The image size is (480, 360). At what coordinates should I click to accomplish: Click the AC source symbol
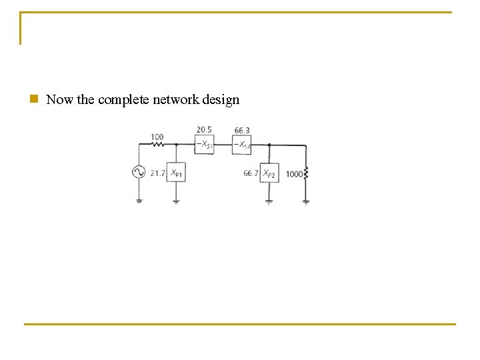point(139,172)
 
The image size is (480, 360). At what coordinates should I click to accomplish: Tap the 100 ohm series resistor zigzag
point(158,144)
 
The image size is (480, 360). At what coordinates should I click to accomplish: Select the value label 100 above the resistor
point(157,137)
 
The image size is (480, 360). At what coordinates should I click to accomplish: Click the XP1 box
point(176,173)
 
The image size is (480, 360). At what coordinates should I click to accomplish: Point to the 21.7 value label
point(157,173)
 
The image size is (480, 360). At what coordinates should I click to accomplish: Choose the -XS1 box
point(204,145)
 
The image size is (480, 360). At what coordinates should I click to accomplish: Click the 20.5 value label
point(204,130)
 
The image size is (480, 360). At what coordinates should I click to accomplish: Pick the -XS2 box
point(241,145)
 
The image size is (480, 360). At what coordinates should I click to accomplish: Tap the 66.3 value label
point(242,130)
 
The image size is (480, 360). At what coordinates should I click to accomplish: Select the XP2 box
point(269,173)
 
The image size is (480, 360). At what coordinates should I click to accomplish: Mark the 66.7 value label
point(251,173)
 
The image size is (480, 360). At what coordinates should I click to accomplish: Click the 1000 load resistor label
point(293,174)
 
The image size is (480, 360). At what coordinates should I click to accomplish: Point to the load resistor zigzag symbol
point(306,174)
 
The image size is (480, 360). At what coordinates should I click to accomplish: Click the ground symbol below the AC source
point(139,199)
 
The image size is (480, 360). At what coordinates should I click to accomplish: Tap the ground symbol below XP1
point(176,200)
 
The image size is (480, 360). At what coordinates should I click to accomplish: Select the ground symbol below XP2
point(269,201)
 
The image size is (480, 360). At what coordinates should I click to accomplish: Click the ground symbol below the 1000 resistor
point(306,201)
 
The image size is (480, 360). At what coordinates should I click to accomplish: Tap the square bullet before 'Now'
point(33,99)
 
